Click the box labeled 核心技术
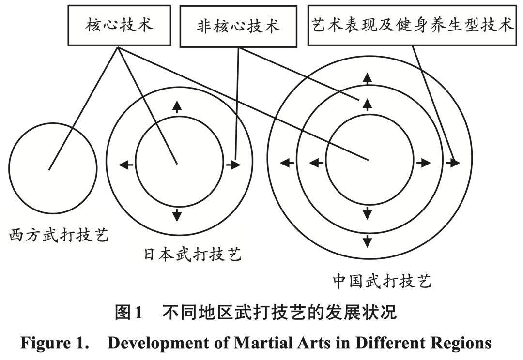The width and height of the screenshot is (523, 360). coord(119,25)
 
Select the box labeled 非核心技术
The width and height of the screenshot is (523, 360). coord(238,27)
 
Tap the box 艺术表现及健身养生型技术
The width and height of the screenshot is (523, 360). coord(412,25)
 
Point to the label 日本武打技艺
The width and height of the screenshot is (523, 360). coord(192,255)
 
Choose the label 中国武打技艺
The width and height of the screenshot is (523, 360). coord(382,281)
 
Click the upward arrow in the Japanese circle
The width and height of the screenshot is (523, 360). coord(177,106)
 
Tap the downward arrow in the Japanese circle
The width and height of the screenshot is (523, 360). coord(177,214)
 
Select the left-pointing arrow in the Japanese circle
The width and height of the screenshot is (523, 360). coord(126,165)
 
